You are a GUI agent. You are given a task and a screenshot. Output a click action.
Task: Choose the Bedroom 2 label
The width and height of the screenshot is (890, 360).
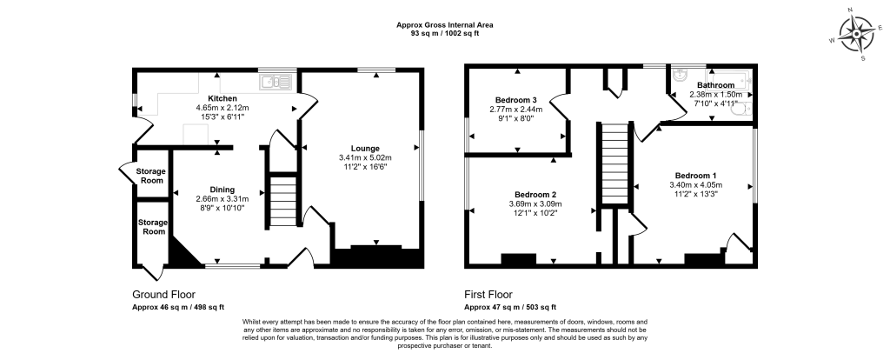pyautogui.click(x=535, y=193)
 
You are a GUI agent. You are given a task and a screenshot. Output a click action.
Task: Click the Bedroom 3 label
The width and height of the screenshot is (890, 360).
pyautogui.click(x=517, y=99)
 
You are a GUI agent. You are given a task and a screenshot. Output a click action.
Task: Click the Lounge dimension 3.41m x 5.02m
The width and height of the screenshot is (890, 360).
pyautogui.click(x=365, y=157)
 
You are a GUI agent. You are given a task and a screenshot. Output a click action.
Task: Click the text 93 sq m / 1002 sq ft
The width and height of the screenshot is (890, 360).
pyautogui.click(x=445, y=32)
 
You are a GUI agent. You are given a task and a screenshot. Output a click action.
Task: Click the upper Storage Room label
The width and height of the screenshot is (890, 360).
pyautogui.click(x=149, y=177)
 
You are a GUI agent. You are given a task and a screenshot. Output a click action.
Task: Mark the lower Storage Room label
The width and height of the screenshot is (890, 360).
pyautogui.click(x=153, y=227)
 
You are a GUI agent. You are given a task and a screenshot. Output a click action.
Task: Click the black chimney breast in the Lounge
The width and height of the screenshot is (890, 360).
pyautogui.click(x=376, y=257)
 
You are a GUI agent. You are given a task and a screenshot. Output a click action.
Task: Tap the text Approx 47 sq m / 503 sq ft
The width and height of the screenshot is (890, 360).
pyautogui.click(x=511, y=307)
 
